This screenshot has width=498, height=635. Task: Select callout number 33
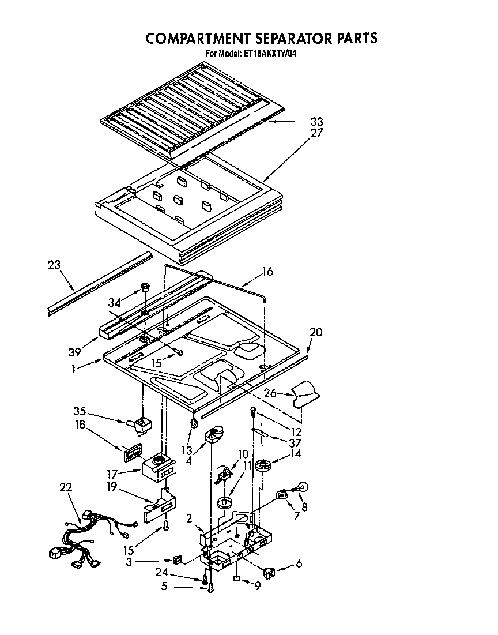coord(316,122)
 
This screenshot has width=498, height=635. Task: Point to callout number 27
coord(316,133)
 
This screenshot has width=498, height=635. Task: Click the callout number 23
coord(54,266)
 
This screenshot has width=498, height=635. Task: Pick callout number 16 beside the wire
coord(267,272)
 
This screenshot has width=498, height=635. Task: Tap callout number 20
coord(316,332)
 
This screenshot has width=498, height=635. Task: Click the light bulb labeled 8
coord(302,487)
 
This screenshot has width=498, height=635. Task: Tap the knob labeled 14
coord(265,465)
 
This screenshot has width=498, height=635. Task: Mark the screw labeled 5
coord(210,588)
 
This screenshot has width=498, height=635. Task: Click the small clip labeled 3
coord(178,559)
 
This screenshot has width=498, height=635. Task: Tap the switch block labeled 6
coord(268,573)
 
